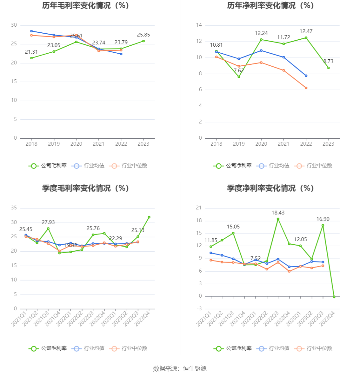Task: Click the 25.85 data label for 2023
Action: (143, 35)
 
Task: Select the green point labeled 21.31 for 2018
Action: (31, 58)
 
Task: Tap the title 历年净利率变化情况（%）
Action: (270, 6)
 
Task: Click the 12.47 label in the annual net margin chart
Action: (306, 31)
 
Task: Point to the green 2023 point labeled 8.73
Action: (329, 68)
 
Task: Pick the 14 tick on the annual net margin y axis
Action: (199, 25)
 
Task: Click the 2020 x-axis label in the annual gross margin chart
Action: (76, 144)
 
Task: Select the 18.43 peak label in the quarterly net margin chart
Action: (278, 213)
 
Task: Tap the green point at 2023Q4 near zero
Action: (334, 297)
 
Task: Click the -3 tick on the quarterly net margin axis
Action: (199, 309)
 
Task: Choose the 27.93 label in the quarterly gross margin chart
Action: (48, 222)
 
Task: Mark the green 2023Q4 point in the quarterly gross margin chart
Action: (149, 217)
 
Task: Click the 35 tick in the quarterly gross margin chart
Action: (14, 208)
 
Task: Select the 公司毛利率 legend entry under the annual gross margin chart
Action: (48, 166)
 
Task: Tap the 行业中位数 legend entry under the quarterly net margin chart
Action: (313, 348)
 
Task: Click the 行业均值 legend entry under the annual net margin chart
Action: (275, 166)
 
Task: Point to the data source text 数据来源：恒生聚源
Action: (180, 369)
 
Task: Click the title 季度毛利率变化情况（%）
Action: (85, 189)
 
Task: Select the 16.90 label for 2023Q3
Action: (323, 219)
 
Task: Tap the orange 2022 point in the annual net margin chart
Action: (306, 88)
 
